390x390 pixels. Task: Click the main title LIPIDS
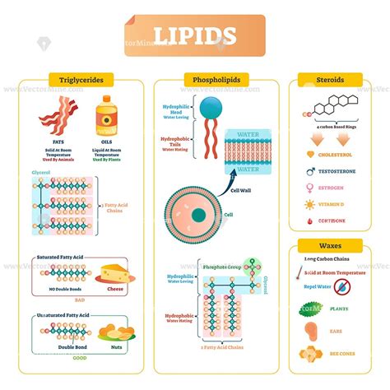[x=195, y=36]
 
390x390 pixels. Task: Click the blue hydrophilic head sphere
[x=210, y=107]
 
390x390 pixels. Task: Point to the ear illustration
[x=310, y=332]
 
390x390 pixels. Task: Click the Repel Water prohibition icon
[x=341, y=287]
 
